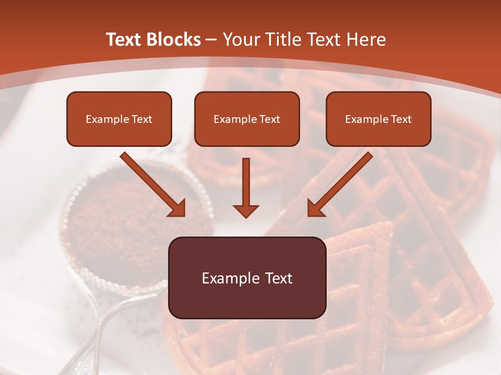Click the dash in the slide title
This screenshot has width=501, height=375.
point(211,40)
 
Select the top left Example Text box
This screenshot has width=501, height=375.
point(119,119)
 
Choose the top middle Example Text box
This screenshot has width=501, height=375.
point(247,119)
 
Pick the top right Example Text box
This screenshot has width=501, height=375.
point(378,119)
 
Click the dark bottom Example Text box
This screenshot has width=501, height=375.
point(247,278)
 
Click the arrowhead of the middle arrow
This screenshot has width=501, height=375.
point(246,210)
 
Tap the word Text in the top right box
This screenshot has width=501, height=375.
point(401,119)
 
